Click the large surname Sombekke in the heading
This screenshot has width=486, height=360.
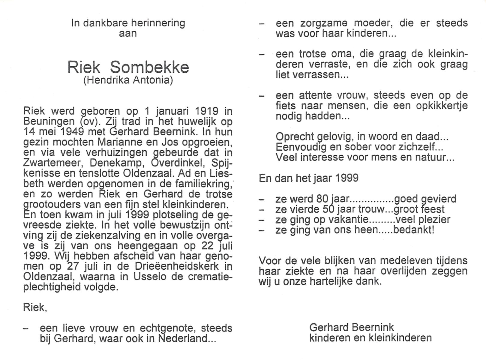[149, 67]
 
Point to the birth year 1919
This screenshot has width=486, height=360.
[206, 111]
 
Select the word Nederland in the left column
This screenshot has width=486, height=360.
[183, 339]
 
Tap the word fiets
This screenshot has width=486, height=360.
[286, 106]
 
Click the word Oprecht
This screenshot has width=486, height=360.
[295, 137]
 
